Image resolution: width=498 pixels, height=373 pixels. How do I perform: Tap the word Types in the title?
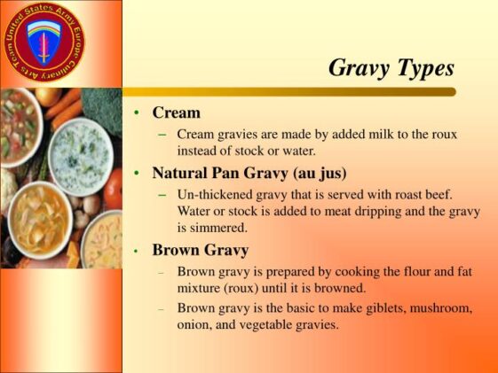coord(426,67)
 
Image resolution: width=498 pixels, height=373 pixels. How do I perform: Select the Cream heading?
coord(176,113)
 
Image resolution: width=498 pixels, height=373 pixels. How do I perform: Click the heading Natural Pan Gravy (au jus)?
coord(249,172)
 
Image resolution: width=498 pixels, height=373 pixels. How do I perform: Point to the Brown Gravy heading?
coord(200,250)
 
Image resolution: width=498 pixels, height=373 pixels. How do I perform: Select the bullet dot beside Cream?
coord(136,114)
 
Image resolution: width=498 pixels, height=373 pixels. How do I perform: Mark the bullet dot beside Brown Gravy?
coord(136,251)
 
